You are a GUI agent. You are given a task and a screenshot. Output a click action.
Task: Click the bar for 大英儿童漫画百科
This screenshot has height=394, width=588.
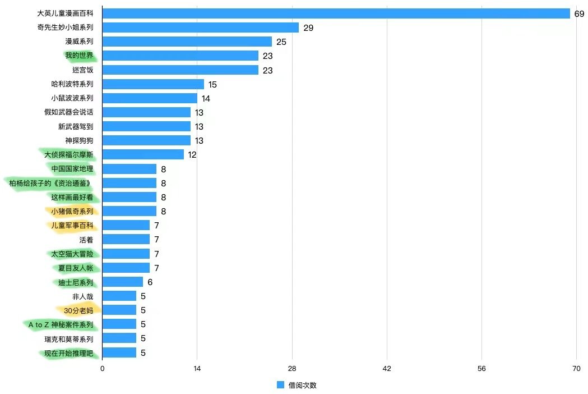[336, 13]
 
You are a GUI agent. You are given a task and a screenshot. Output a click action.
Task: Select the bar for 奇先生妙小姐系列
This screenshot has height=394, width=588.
[200, 28]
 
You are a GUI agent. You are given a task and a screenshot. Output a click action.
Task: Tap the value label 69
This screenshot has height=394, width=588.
[580, 13]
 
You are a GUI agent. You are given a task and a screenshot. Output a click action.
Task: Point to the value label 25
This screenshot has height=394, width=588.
[281, 42]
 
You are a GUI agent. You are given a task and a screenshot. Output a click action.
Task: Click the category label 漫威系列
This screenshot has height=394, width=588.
[79, 42]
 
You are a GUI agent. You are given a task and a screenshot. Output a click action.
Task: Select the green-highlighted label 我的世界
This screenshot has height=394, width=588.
[79, 56]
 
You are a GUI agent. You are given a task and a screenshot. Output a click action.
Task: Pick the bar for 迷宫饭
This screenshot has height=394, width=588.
[180, 70]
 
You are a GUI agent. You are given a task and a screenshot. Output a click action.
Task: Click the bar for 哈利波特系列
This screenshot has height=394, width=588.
[153, 84]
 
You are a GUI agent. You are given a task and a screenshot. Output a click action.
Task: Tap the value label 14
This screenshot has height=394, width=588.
[206, 98]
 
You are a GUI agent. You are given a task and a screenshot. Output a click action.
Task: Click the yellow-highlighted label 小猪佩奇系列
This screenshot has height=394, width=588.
[72, 211]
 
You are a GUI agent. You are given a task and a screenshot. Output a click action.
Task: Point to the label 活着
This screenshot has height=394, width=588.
[86, 240]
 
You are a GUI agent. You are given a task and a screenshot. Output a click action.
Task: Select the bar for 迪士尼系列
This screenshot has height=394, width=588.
[122, 282]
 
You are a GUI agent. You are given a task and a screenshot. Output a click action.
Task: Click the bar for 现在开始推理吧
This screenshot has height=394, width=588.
[119, 352]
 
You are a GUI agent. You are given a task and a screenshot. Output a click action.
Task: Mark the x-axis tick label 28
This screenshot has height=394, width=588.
[291, 368]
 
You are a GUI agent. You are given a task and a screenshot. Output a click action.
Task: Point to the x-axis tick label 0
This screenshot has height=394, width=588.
[102, 368]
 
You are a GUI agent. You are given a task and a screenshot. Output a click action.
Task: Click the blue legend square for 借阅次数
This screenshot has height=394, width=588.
[281, 385]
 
